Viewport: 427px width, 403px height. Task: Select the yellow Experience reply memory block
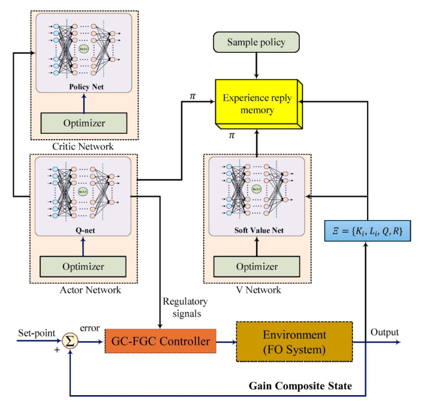[x=256, y=103]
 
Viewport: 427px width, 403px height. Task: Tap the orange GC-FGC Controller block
[x=160, y=342]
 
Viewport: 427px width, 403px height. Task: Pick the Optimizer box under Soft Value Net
[x=256, y=266]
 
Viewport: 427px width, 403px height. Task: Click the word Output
[x=384, y=333]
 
